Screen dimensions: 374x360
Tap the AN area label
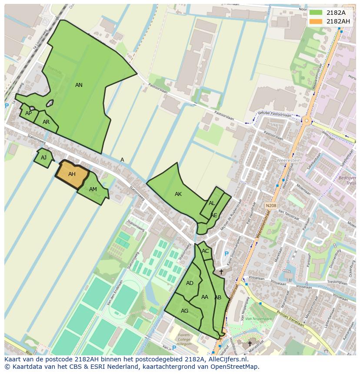(x=79, y=85)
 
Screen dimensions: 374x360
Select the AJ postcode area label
(x=43, y=158)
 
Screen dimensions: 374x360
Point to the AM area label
(x=93, y=189)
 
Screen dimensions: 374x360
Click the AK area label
(x=178, y=194)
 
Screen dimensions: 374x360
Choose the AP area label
(x=28, y=113)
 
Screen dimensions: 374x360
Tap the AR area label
(x=46, y=122)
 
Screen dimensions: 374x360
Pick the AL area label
(x=212, y=203)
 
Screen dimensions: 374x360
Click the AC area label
(x=205, y=251)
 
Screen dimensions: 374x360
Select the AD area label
(x=190, y=283)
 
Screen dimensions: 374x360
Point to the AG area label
(x=184, y=311)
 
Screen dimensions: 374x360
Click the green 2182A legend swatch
(x=316, y=13)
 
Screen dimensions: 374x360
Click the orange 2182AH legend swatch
(x=316, y=21)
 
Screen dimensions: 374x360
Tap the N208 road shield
(x=271, y=205)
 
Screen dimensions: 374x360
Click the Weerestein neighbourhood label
(x=288, y=160)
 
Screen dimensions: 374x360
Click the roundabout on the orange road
(x=307, y=120)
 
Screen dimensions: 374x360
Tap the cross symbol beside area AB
(x=221, y=272)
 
